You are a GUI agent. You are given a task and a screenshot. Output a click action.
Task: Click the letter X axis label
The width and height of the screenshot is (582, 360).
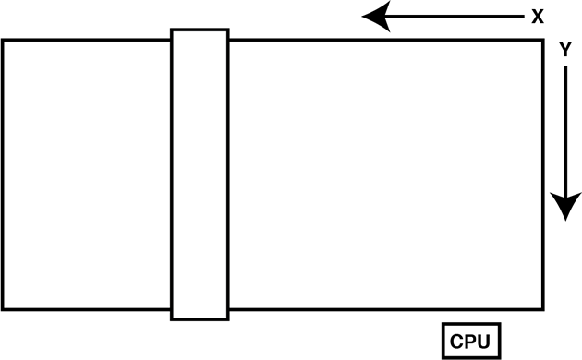pos(537,16)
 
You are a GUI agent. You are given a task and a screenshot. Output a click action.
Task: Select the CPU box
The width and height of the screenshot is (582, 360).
pos(471,340)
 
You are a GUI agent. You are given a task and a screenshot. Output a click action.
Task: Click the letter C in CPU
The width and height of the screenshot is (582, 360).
pos(457,341)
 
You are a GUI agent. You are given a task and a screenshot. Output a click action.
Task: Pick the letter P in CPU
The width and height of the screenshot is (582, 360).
pos(471,341)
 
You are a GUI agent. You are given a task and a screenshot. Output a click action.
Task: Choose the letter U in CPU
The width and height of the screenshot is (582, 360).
pos(485,341)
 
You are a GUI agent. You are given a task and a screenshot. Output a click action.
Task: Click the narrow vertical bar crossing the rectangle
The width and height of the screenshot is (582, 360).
pos(200,174)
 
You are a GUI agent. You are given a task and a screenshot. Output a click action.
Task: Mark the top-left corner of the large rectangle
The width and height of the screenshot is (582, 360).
pos(3,40)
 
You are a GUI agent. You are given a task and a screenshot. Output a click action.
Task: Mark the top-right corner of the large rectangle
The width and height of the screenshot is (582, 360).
pos(543,40)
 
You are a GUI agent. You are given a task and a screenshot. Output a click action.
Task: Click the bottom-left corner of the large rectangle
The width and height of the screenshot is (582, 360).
pos(3,310)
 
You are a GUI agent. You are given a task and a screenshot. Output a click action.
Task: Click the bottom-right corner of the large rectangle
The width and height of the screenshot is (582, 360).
pos(543,310)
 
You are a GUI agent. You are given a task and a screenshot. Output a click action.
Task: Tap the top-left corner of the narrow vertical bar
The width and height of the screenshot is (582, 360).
pos(172,30)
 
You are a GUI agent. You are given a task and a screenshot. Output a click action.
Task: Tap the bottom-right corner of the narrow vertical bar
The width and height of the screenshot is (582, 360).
pos(227,319)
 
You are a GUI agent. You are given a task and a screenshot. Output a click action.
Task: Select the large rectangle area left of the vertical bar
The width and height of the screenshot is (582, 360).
pos(87,175)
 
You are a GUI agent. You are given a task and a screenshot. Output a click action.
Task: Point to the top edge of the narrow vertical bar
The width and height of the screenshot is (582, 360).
pos(200,30)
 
